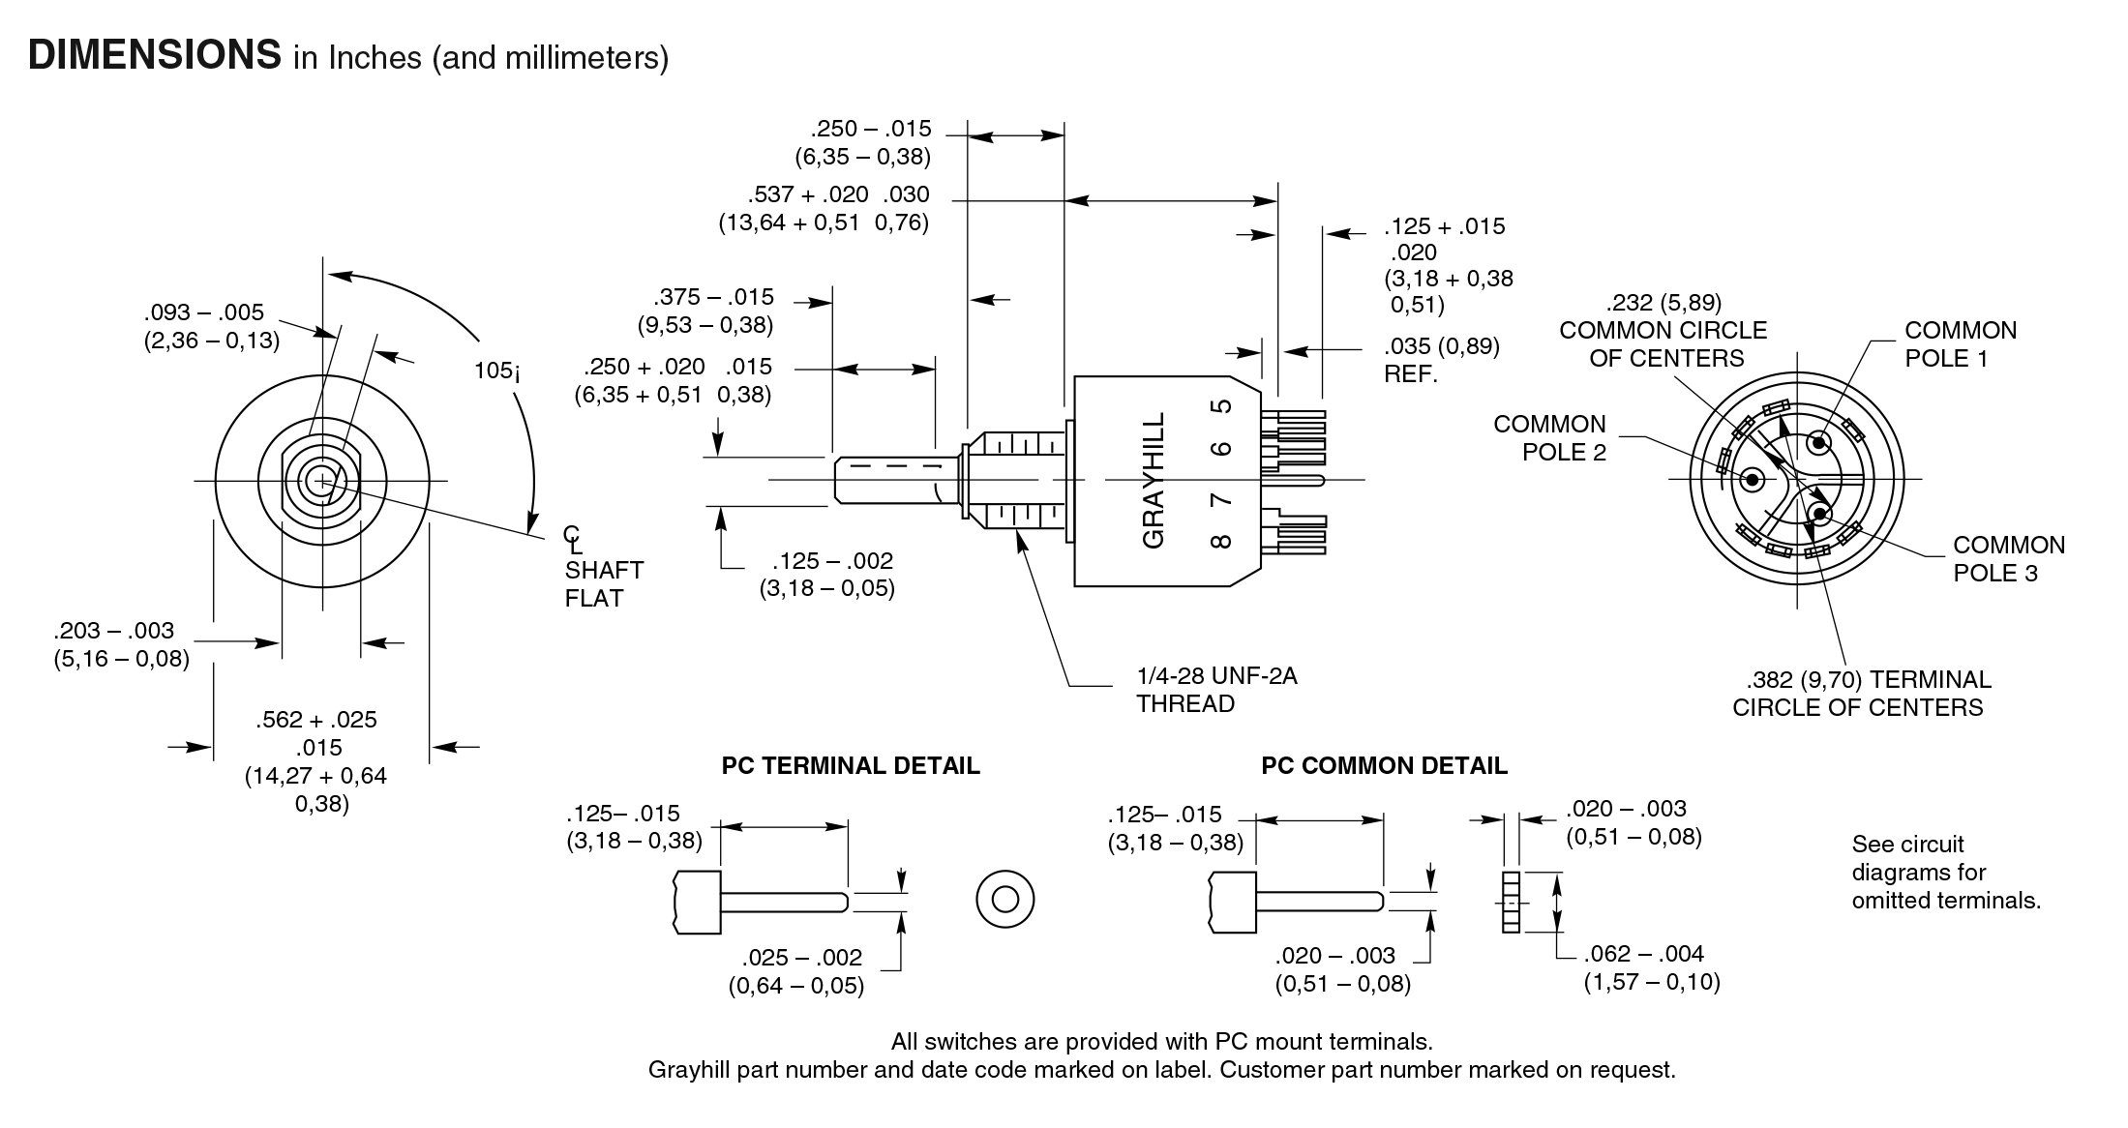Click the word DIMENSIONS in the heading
(155, 55)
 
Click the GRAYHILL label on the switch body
(1154, 480)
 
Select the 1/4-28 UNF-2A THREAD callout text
(1215, 689)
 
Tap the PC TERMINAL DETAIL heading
(851, 766)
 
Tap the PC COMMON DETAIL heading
(1384, 766)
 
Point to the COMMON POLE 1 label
(1961, 344)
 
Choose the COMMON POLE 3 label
(2009, 559)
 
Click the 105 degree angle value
(495, 371)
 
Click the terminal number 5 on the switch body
(1223, 406)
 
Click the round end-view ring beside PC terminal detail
(1005, 900)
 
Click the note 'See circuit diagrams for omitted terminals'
(1945, 873)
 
